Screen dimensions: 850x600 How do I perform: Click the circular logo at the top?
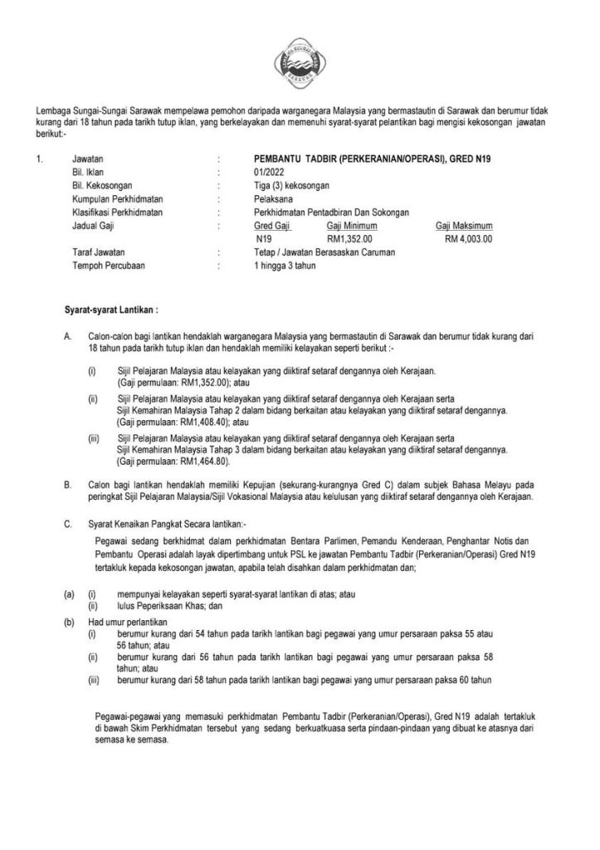tap(300, 59)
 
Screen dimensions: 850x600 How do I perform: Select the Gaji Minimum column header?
tap(352, 226)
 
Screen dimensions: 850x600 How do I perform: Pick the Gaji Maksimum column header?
tap(464, 226)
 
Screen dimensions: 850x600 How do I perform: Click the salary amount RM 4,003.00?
tap(468, 238)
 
